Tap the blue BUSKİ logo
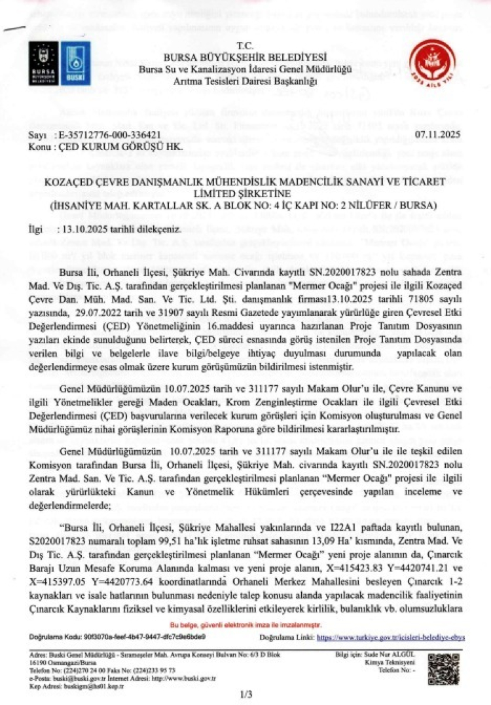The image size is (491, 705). coord(77,63)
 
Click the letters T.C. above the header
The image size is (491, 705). coord(245,46)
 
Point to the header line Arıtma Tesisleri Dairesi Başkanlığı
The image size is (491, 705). coord(245,81)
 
